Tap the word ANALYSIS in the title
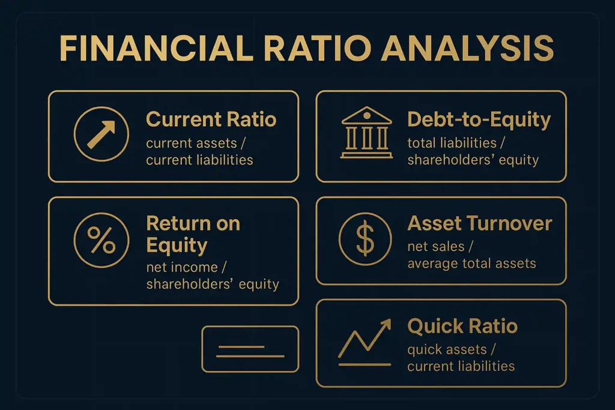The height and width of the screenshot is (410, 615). coord(467,48)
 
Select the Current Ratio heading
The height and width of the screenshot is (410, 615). coord(211,119)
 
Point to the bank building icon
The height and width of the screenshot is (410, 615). coord(366,133)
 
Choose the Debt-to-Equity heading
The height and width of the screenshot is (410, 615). coord(479,120)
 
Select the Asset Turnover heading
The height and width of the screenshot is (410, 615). coord(480,223)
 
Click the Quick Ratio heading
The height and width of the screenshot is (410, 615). coord(462,326)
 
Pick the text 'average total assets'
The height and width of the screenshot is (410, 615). coord(471,264)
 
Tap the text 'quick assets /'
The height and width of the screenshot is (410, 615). coord(452,349)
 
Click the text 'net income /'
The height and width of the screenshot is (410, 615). coord(186,267)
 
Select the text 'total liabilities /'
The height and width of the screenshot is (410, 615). coord(456,143)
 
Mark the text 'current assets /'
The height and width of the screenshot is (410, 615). coord(196,143)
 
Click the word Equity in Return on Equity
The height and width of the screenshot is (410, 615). coord(177,246)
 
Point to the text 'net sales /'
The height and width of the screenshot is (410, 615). coord(440,247)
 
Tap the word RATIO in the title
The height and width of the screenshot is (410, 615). coord(318,48)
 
